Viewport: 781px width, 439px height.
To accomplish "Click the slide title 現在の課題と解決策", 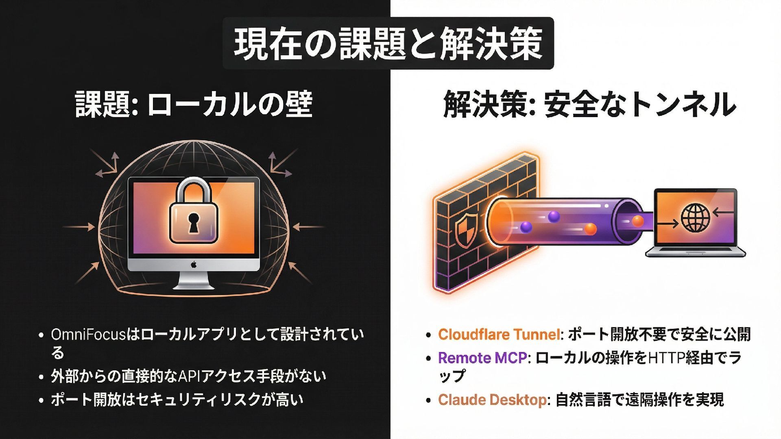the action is pos(388,43).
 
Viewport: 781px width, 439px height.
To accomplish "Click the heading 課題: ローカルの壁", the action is pos(194,104).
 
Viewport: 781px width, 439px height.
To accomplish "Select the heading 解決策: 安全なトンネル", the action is pos(589,104).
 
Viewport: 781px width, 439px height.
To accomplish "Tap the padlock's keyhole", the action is pos(193,222).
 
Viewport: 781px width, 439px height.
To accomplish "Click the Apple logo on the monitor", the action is pos(194,265).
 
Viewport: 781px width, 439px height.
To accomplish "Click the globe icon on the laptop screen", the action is pos(696,218).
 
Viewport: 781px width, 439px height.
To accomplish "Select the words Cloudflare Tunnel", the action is pos(499,334).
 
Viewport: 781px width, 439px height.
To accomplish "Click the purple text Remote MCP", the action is pos(482,358).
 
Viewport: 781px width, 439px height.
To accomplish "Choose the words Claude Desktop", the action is pos(492,400).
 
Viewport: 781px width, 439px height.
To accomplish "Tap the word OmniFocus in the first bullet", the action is pos(88,335).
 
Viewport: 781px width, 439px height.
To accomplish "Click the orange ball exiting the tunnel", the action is pos(637,221).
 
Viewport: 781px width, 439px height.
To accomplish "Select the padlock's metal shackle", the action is pos(193,190).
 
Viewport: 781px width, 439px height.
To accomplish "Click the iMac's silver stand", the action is pos(194,280).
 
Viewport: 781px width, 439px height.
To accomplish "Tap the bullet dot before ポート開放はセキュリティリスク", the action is pos(41,400).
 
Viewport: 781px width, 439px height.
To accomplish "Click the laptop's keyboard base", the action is pos(696,252).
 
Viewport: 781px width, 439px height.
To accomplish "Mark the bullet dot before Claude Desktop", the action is pos(428,400).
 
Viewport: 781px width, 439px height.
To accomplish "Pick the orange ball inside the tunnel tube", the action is pos(590,229).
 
